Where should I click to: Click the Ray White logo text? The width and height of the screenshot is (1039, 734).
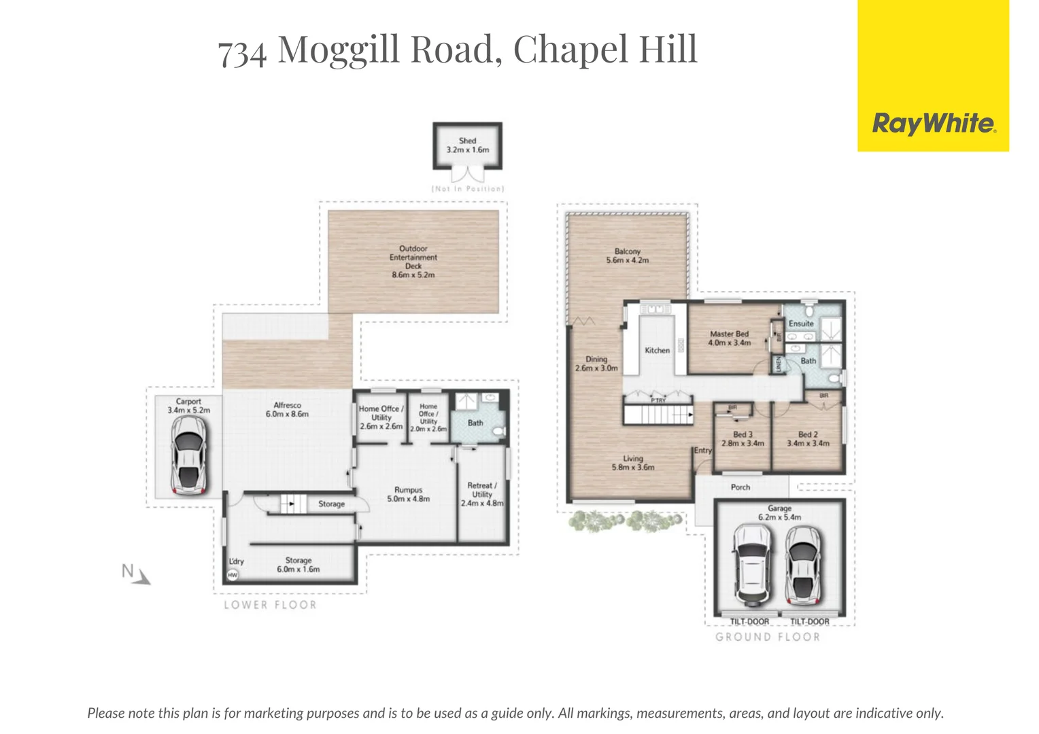(x=934, y=124)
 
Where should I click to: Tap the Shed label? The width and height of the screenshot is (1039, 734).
(x=467, y=141)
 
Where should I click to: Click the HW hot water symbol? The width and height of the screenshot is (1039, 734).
(x=233, y=575)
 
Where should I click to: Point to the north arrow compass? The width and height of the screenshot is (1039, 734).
(x=135, y=574)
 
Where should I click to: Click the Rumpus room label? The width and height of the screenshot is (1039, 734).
(x=408, y=490)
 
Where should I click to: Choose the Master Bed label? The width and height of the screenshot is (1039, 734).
(x=729, y=334)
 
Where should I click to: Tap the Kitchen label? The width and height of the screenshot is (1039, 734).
(x=657, y=351)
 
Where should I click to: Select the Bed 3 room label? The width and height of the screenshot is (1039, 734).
(x=743, y=434)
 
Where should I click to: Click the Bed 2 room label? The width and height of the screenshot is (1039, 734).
(x=808, y=434)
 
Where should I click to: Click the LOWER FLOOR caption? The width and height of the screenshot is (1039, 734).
(x=271, y=605)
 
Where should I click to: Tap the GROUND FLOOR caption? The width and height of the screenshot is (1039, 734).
(x=768, y=637)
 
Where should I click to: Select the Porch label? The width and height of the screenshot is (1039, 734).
(x=740, y=487)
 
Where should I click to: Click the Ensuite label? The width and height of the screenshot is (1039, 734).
(x=801, y=324)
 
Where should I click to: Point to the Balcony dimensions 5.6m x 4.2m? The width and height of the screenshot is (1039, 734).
(x=628, y=260)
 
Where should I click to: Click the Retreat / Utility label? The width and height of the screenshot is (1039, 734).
(x=482, y=490)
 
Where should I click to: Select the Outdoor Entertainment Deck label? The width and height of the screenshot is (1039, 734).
(x=413, y=258)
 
